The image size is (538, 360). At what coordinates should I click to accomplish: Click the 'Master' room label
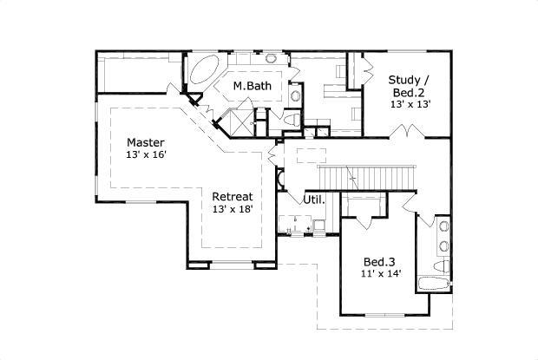coord(146,142)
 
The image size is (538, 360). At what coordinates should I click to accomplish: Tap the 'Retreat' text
coord(232,196)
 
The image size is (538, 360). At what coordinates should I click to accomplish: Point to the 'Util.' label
coord(314,200)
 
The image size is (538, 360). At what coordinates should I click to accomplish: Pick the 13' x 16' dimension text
coord(146,154)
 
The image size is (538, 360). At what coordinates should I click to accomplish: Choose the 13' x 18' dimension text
coord(232,209)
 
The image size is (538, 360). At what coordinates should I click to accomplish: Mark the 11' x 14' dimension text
coord(379,274)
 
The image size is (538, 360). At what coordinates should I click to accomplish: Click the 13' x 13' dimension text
coord(410,103)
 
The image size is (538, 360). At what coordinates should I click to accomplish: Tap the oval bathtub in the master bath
coord(204,69)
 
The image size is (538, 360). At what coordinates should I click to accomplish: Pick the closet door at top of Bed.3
coord(364,213)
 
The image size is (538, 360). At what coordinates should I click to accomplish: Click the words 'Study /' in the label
coord(410,78)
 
